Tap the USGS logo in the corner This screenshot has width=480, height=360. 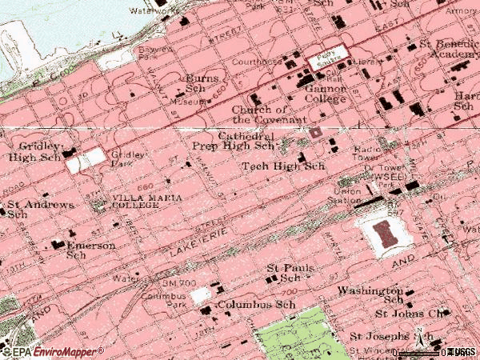tap(460, 352)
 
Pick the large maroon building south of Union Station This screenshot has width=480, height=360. tap(386, 235)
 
